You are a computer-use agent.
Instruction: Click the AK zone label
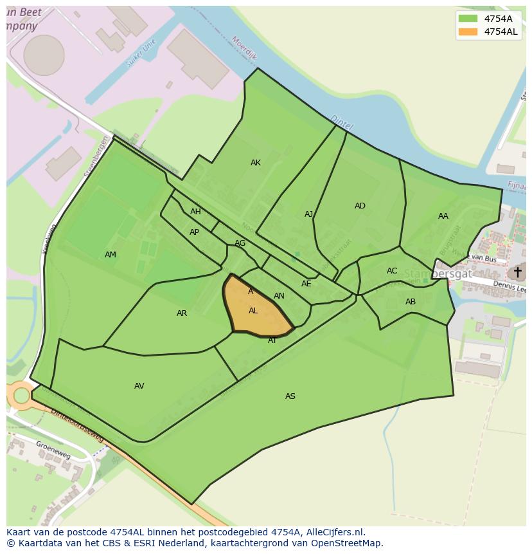point(256,163)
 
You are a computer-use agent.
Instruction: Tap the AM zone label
point(111,255)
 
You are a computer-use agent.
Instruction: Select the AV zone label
point(139,386)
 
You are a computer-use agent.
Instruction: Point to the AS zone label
point(290,396)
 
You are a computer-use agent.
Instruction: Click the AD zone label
point(360,206)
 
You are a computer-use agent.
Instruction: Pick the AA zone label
point(443,216)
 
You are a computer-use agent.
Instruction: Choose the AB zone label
point(411,302)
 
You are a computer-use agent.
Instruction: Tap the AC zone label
point(392,271)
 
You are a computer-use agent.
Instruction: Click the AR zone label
point(182,313)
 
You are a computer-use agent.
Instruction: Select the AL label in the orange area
point(253,311)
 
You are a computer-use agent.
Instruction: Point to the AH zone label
point(195,212)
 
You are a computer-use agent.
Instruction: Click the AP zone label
point(194,232)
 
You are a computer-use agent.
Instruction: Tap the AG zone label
point(240,243)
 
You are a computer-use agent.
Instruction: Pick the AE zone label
point(306,284)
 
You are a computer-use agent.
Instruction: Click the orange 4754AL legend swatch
point(468,32)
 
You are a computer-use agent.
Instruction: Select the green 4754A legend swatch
point(468,19)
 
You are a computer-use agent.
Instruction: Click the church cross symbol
point(517,272)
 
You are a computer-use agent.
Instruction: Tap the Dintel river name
point(341,122)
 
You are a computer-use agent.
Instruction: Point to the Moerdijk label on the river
point(245,48)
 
